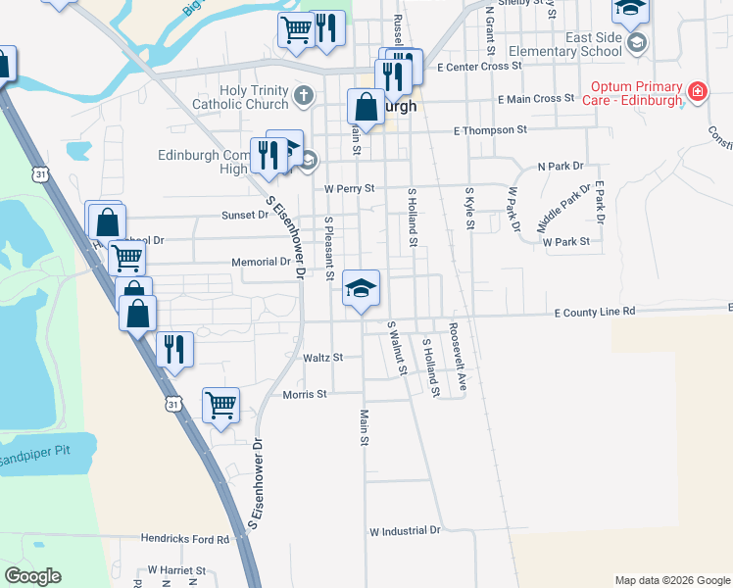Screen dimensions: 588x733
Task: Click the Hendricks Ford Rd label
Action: tap(183, 538)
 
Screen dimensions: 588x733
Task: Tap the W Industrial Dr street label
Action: tap(405, 530)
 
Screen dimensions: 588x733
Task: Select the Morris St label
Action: tap(304, 394)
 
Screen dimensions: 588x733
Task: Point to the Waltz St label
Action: tap(322, 358)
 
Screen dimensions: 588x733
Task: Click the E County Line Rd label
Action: tap(594, 312)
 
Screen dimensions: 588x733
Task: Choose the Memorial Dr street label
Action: tap(261, 262)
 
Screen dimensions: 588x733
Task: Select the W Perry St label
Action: tap(350, 187)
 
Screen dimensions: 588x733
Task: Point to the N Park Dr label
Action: tap(560, 167)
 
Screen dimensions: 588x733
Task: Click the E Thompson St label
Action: tap(490, 129)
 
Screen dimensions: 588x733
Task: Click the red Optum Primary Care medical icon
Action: tap(698, 92)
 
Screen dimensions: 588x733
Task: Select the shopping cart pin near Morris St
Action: tap(220, 403)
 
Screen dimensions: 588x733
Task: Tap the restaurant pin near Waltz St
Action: tap(174, 349)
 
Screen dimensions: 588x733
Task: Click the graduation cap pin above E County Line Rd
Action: tap(361, 288)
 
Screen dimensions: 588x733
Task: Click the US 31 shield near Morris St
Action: tap(172, 404)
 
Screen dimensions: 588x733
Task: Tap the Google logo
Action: tap(32, 576)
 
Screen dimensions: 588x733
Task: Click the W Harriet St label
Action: tap(176, 569)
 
